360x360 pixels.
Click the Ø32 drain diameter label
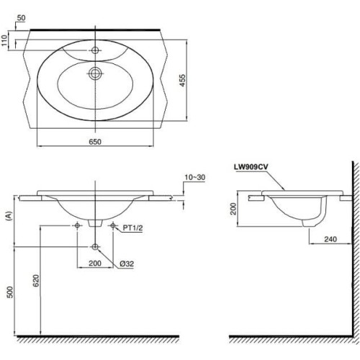pos(125,264)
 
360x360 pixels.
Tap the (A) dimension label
pos(8,214)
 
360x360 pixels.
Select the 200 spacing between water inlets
pos(94,264)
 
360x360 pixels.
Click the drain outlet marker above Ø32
pos(95,247)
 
